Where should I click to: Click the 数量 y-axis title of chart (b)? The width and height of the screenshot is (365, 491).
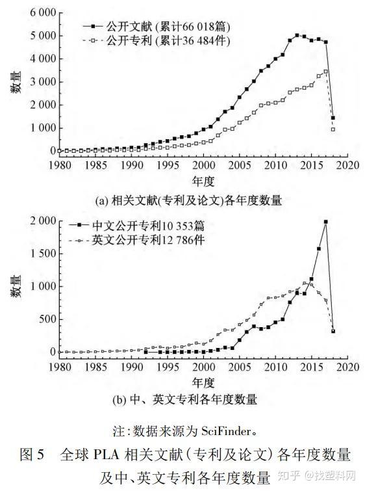pos(14,287)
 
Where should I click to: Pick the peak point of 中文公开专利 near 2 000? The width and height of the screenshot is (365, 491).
pos(325,222)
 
